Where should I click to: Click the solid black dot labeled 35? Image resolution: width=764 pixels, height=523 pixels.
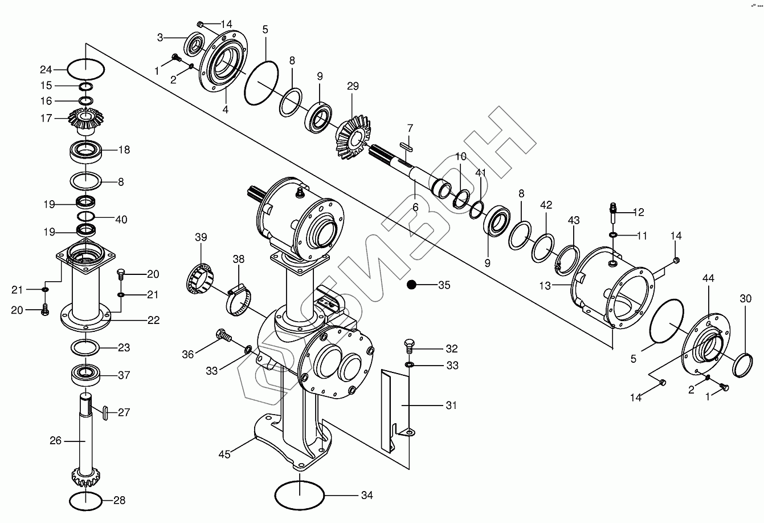tap(412, 285)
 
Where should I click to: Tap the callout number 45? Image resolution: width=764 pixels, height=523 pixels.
tap(224, 454)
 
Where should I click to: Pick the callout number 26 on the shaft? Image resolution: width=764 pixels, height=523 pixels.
tap(55, 440)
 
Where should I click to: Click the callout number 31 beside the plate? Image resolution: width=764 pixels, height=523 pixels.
tap(451, 406)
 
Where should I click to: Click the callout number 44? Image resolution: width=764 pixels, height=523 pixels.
tap(708, 278)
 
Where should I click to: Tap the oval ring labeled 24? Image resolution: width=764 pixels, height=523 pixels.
tap(86, 70)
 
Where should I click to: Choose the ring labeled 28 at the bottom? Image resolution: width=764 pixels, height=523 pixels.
tap(86, 501)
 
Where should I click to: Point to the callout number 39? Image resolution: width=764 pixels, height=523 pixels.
tap(201, 237)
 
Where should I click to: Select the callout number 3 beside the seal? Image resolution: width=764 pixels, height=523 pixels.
tap(160, 38)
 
